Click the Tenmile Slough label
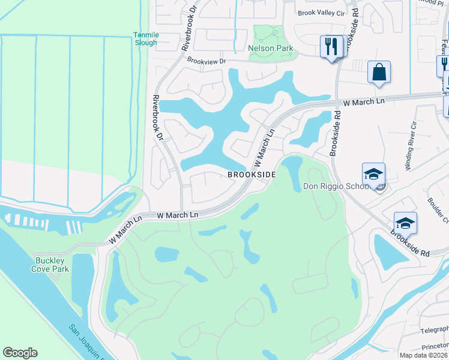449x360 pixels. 146,39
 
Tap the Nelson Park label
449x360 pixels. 270,47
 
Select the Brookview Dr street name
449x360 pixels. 206,61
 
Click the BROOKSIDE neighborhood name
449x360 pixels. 251,174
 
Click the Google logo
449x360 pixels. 20,353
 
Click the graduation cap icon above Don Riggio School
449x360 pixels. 373,174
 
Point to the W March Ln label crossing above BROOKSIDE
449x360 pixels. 264,147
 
